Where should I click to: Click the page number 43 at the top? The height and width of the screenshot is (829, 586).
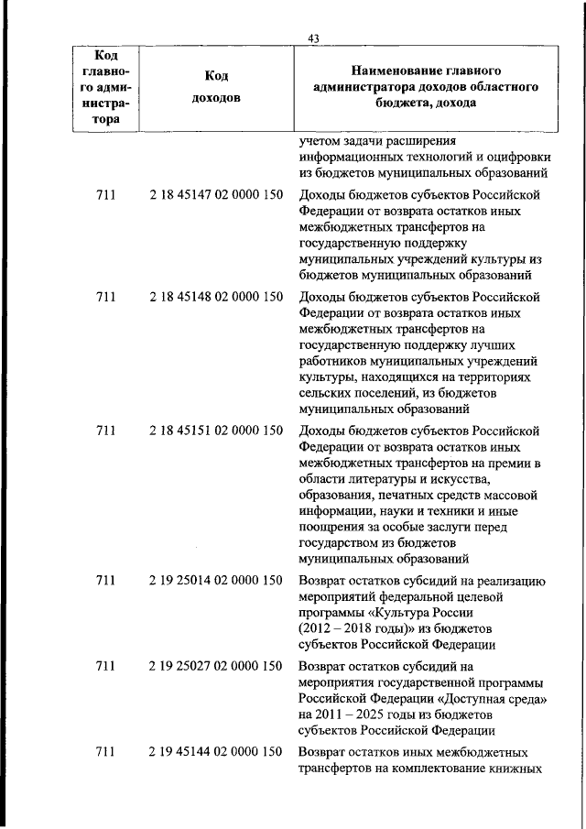click(313, 37)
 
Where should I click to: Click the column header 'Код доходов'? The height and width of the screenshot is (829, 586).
click(217, 87)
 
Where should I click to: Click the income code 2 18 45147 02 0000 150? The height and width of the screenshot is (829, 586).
click(214, 195)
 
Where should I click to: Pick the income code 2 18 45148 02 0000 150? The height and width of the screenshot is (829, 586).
click(214, 297)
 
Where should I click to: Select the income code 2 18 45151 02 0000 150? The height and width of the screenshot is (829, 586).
click(214, 431)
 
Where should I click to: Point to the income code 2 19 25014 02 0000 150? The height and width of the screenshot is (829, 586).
click(214, 580)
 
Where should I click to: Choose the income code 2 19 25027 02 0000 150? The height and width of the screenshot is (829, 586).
click(214, 667)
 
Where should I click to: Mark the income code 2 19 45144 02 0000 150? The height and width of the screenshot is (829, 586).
click(214, 752)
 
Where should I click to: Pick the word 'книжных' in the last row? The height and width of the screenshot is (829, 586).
click(520, 769)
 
